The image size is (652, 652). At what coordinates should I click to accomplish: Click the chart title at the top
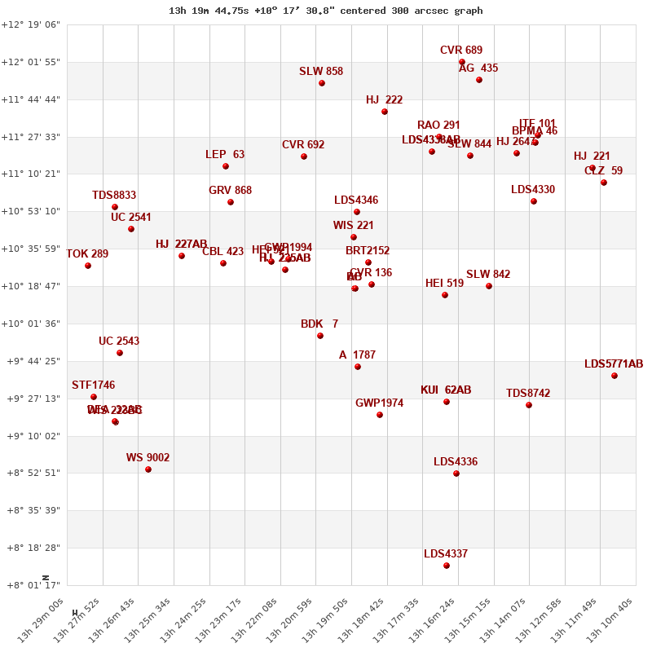point(326,11)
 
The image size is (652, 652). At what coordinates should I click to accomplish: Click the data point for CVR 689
point(462,62)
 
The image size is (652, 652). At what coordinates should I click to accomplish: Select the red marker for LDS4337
point(447,566)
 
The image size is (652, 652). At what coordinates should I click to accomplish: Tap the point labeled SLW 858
point(322,83)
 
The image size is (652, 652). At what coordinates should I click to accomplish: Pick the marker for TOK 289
point(88,266)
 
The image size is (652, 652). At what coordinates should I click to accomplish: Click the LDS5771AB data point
point(615,376)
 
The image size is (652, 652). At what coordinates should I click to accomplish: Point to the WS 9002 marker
point(148,469)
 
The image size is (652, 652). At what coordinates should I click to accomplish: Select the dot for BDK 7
point(320,336)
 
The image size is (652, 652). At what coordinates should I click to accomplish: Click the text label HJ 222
point(384,100)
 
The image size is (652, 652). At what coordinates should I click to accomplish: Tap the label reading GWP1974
point(379,403)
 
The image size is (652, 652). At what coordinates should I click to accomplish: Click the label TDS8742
point(528,394)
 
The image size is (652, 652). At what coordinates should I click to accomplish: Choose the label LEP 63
point(225,155)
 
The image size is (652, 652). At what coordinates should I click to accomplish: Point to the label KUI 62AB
point(446,390)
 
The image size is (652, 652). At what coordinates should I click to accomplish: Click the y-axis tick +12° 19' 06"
point(31,25)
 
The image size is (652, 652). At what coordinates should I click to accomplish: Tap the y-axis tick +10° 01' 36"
point(31,324)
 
